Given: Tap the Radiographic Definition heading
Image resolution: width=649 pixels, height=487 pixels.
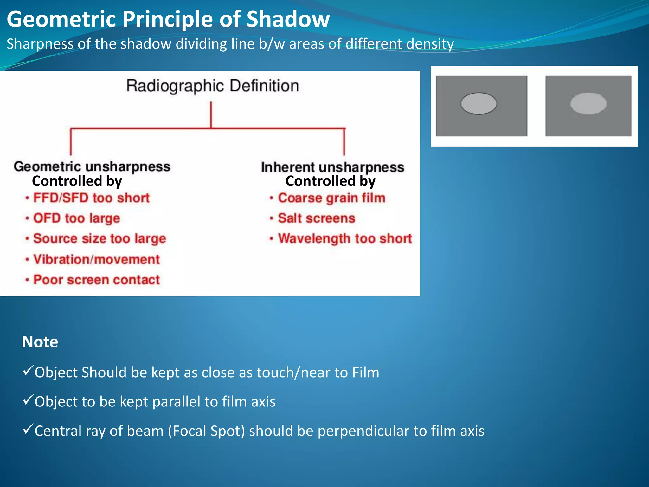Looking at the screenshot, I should pyautogui.click(x=212, y=86).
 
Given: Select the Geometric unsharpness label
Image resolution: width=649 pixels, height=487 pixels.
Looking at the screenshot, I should pyautogui.click(x=92, y=166).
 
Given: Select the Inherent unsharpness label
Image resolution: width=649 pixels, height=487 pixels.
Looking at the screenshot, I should pyautogui.click(x=332, y=167).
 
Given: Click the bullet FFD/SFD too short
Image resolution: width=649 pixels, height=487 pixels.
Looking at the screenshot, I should pyautogui.click(x=91, y=198).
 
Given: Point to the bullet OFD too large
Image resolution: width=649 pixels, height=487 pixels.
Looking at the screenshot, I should pyautogui.click(x=76, y=218).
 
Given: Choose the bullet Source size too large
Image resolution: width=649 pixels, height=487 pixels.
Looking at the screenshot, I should pyautogui.click(x=99, y=238).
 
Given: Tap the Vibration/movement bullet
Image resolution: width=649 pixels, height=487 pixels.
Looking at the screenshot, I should pyautogui.click(x=96, y=259).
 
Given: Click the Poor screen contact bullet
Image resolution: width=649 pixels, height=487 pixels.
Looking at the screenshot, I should pyautogui.click(x=96, y=280).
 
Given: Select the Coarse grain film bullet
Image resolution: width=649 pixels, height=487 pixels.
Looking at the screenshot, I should pyautogui.click(x=331, y=198).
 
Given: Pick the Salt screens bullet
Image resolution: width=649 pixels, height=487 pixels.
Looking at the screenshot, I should pyautogui.click(x=316, y=218).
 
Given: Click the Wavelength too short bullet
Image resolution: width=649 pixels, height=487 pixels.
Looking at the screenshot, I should pyautogui.click(x=344, y=238).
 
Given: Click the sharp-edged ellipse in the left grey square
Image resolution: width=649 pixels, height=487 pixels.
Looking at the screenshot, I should pyautogui.click(x=479, y=103).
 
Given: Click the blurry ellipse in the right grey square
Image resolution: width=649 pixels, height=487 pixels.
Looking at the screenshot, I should pyautogui.click(x=588, y=103).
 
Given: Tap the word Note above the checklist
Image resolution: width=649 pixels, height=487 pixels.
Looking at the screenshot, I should pyautogui.click(x=40, y=342).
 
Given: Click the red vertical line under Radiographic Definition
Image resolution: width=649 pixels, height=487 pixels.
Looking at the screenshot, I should pyautogui.click(x=211, y=115).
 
